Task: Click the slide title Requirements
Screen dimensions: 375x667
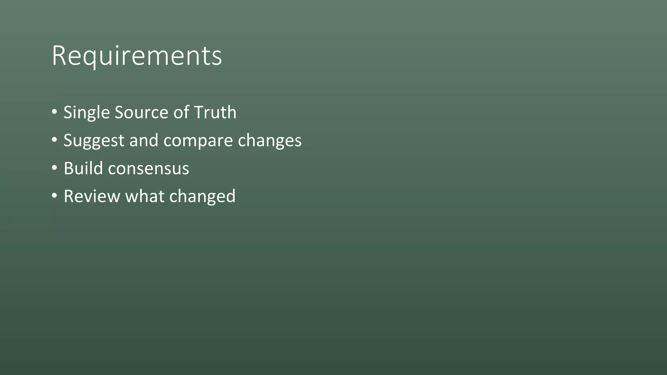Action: pyautogui.click(x=137, y=56)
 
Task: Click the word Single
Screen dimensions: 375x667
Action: pyautogui.click(x=86, y=113)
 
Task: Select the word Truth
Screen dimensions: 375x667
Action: pyautogui.click(x=215, y=113)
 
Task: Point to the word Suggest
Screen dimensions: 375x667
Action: pyautogui.click(x=94, y=141)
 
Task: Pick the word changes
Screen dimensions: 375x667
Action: pyautogui.click(x=270, y=141)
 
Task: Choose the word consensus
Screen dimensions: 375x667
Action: pyautogui.click(x=149, y=169)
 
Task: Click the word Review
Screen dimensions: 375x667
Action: pyautogui.click(x=92, y=196)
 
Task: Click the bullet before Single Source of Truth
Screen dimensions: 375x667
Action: pyautogui.click(x=54, y=112)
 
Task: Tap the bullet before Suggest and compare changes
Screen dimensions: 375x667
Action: pyautogui.click(x=54, y=140)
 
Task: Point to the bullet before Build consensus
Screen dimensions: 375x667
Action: pyautogui.click(x=54, y=168)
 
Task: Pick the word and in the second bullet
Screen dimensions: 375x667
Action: pyautogui.click(x=143, y=141)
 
